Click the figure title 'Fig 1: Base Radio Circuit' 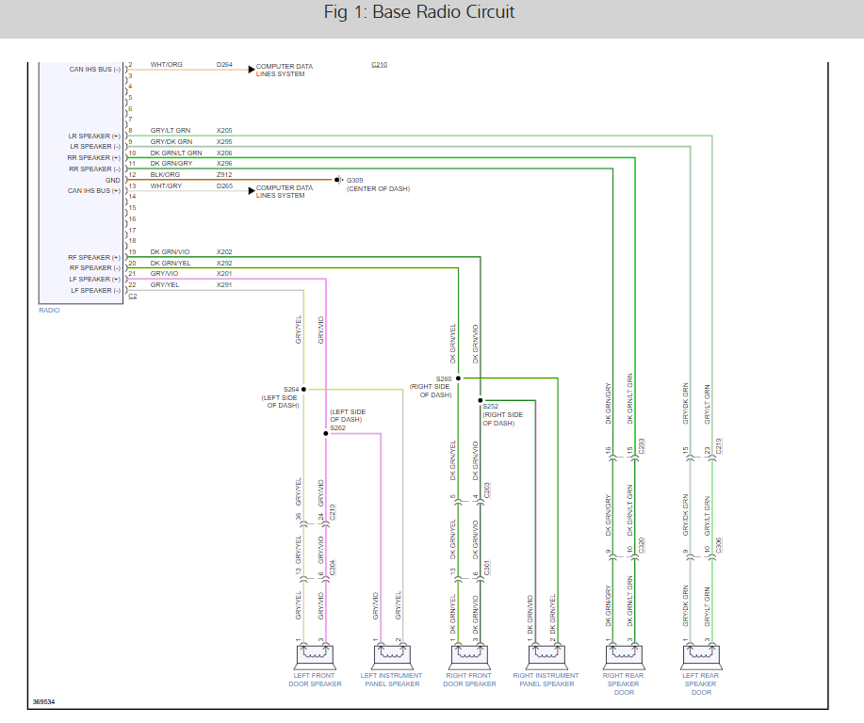tap(418, 12)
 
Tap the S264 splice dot tap(303, 390)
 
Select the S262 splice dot tap(326, 433)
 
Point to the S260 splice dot tap(458, 378)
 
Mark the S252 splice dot tap(480, 400)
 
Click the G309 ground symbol tap(338, 180)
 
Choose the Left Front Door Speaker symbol tap(315, 656)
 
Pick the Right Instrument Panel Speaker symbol tap(546, 656)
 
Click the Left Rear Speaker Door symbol tap(701, 656)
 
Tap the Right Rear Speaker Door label tap(623, 683)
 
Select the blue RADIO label tap(49, 311)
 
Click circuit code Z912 tap(224, 174)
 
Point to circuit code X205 tap(224, 131)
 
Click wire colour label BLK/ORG tap(165, 174)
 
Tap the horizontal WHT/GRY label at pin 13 tap(166, 186)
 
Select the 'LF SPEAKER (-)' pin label tap(95, 290)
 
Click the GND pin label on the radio tap(112, 180)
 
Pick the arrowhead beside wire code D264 tap(252, 70)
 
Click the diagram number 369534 tap(43, 702)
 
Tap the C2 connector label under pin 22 tap(133, 297)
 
